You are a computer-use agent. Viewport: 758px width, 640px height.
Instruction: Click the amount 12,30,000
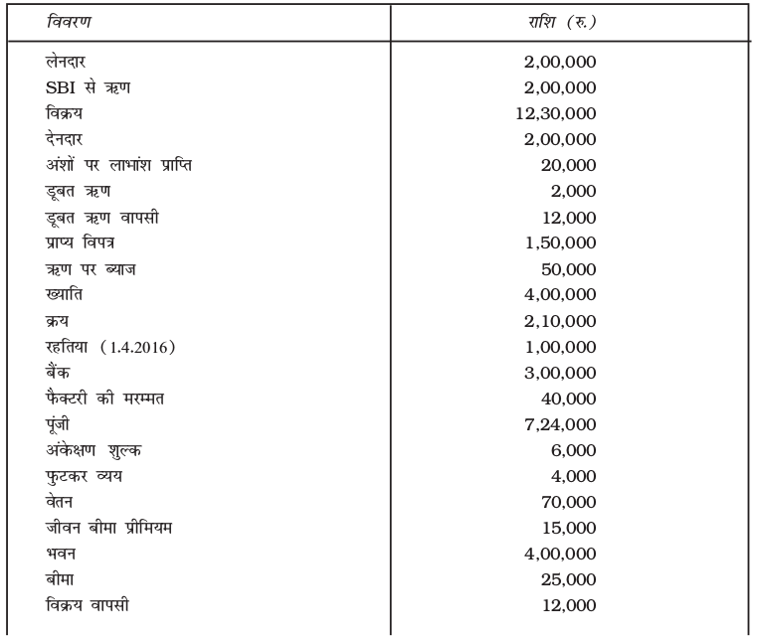555,113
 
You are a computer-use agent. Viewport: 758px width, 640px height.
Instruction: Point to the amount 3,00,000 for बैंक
559,371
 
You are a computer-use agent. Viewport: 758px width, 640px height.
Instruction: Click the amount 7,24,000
559,422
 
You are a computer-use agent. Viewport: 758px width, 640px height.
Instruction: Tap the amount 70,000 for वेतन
566,501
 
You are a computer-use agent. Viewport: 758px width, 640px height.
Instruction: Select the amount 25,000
566,577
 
